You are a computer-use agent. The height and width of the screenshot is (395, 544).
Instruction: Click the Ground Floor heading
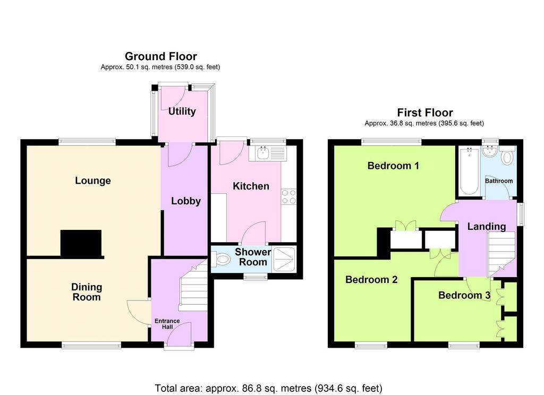coord(160,56)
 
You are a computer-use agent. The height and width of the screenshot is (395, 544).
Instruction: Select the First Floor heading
coord(424,113)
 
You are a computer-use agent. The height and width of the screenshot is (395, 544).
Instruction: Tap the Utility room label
coord(182,111)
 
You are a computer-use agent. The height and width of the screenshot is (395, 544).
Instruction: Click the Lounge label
coord(93,181)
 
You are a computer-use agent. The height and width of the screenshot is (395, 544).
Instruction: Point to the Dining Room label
coord(87,292)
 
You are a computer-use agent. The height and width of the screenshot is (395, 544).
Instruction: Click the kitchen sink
coord(263,152)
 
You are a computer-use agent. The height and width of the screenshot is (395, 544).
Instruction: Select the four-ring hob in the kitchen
coord(288,196)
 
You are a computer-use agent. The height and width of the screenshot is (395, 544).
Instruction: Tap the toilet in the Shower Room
coord(220,259)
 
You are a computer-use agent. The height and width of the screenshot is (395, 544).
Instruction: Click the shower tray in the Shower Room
coord(284,259)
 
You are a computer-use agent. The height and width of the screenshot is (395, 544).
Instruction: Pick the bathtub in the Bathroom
coord(469,171)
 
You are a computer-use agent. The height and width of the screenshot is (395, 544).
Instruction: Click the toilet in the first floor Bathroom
coord(507,156)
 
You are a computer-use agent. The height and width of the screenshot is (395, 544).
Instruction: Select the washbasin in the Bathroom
coord(490,151)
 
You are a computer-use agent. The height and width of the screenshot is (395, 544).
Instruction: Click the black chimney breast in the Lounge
coord(81,244)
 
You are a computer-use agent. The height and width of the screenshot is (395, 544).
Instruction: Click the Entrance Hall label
coord(167,324)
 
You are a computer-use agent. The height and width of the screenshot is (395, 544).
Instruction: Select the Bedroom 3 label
coord(464,295)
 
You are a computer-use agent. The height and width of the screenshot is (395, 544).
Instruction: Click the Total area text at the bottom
coord(268,388)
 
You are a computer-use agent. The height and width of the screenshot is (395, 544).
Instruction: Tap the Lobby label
coord(186,201)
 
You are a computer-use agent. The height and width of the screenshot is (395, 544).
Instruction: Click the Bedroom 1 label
coord(393,166)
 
